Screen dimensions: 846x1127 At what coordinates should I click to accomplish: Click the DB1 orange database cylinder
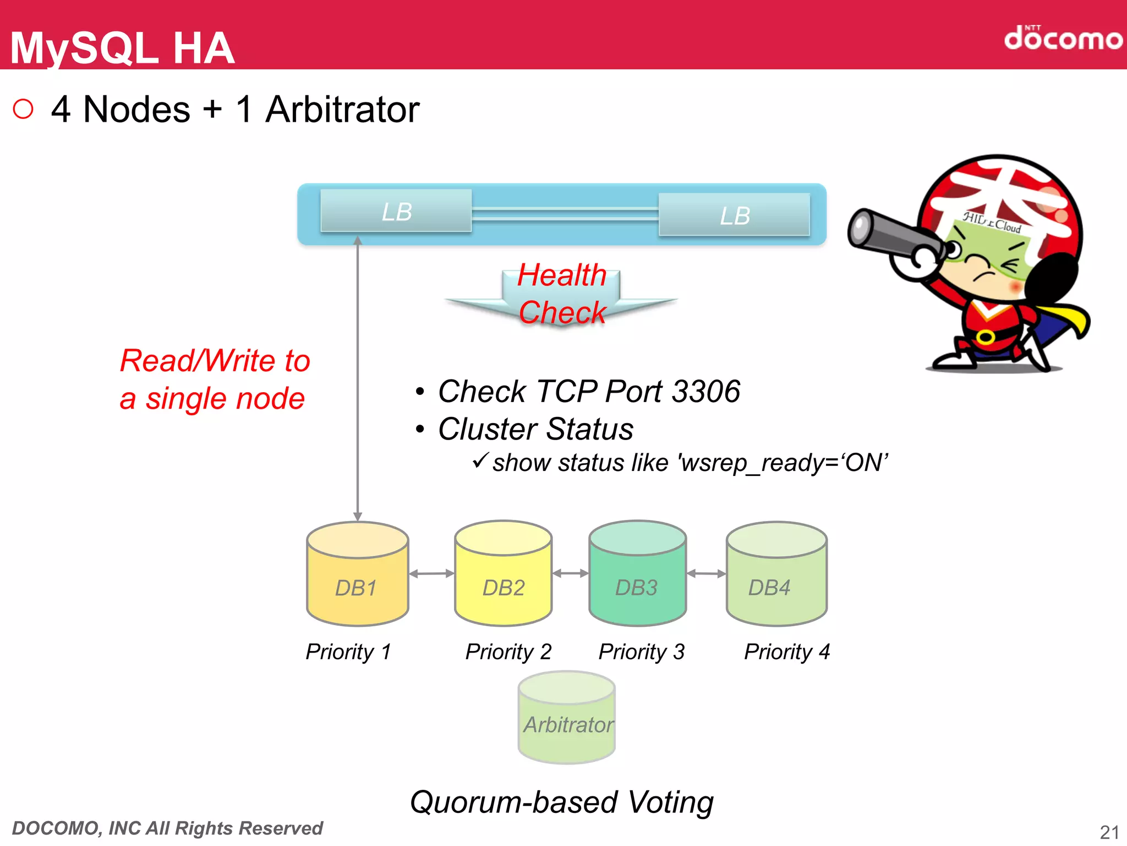coord(357,576)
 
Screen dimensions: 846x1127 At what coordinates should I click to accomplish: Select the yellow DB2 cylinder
coord(503,576)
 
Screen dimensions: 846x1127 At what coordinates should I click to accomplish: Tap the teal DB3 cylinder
coord(637,576)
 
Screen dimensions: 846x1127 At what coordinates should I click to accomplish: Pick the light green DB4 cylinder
coord(776,576)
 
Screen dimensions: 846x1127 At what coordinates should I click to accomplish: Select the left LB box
coord(396,211)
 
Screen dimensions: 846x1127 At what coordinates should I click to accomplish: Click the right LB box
coord(734,215)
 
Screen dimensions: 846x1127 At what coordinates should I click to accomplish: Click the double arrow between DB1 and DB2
coord(431,573)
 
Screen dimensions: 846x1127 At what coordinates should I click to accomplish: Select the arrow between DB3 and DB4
coord(706,573)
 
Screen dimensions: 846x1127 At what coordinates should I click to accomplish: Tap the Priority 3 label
coord(641,652)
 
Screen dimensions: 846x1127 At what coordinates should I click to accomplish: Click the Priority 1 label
coord(348,652)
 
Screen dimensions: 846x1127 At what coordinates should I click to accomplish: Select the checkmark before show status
coord(480,460)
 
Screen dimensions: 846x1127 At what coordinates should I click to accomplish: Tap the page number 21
coord(1109,832)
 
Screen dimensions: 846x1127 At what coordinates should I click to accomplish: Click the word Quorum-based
coord(515,802)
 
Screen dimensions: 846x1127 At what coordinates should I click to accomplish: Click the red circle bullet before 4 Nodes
coord(23,109)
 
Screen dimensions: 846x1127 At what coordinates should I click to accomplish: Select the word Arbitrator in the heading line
coord(342,109)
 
